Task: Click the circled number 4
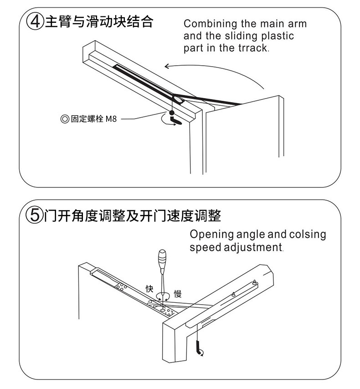35,21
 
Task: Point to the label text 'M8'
111,119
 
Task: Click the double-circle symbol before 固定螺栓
64,119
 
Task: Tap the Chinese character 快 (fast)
149,289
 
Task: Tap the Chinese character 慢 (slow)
178,293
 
